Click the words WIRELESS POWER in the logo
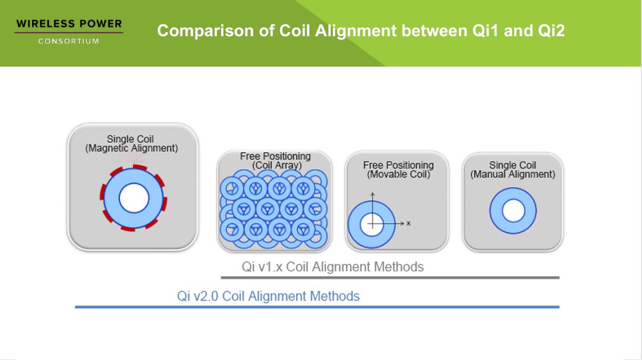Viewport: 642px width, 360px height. click(x=69, y=24)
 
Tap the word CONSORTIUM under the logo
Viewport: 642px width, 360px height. click(x=69, y=42)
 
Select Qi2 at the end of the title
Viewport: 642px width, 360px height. click(x=552, y=31)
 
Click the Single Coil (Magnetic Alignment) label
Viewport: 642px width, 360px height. click(x=131, y=144)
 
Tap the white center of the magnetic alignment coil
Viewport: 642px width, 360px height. click(x=134, y=198)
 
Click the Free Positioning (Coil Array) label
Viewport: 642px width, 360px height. click(x=276, y=161)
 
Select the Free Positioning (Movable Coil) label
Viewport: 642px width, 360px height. click(x=398, y=170)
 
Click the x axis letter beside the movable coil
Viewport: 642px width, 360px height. click(x=408, y=223)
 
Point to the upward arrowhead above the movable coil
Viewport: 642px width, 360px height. click(x=373, y=195)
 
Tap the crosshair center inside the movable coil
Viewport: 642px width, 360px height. click(x=373, y=224)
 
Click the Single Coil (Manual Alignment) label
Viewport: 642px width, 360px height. click(x=512, y=170)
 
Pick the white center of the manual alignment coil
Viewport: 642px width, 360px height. click(x=514, y=211)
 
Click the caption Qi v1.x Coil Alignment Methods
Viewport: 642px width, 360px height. click(x=332, y=267)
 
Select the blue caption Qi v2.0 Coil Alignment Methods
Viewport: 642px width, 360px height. click(x=268, y=296)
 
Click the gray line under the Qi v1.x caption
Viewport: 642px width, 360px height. click(x=390, y=278)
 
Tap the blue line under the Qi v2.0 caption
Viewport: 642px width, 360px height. click(x=317, y=307)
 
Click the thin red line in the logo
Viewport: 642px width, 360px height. click(x=69, y=32)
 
